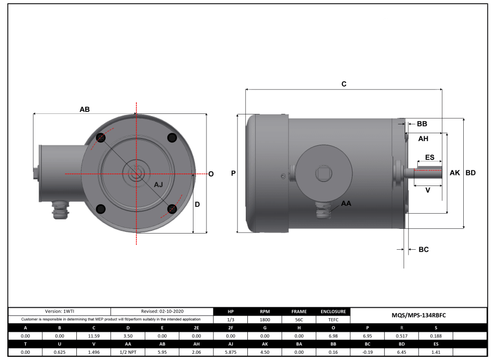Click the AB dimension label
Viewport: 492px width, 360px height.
coord(85,110)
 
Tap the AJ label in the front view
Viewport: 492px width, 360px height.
coord(159,185)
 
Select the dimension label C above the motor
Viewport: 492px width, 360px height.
coord(344,84)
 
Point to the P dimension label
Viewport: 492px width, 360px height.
coord(233,173)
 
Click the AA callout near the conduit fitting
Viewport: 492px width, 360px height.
coord(346,203)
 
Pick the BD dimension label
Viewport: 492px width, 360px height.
coord(471,173)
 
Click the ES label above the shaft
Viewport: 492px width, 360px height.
coord(430,157)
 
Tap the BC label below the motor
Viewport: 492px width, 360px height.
coord(424,250)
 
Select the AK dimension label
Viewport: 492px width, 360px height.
coord(455,173)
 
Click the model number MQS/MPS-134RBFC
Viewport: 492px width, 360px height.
coord(419,315)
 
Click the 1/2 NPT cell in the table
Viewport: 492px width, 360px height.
coord(128,353)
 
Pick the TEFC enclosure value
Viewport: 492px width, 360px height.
coord(333,319)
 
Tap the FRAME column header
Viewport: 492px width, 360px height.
coord(299,311)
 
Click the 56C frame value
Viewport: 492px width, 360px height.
coord(299,319)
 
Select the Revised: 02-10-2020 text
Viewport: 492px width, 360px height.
coord(162,311)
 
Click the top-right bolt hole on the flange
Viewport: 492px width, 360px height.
coord(171,137)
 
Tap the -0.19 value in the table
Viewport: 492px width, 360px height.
coord(367,353)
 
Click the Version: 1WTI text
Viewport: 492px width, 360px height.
coord(60,311)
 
